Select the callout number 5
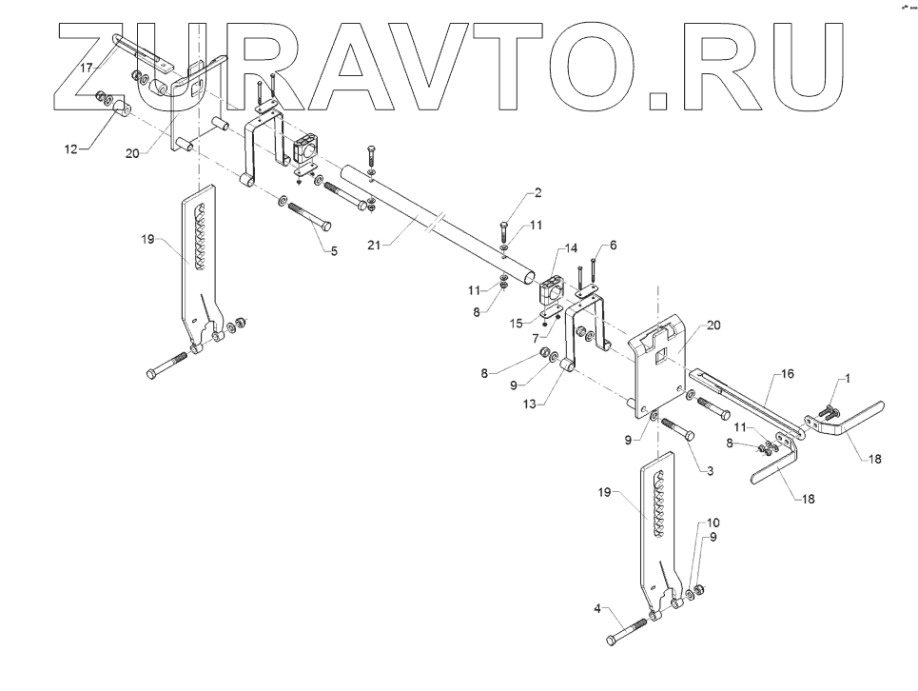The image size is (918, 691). click(334, 252)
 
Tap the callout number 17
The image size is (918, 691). click(87, 69)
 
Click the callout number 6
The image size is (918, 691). click(614, 245)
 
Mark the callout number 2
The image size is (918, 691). click(537, 193)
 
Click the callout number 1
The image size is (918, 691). click(848, 378)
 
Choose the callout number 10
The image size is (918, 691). click(714, 523)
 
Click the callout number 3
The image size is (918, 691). click(710, 471)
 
